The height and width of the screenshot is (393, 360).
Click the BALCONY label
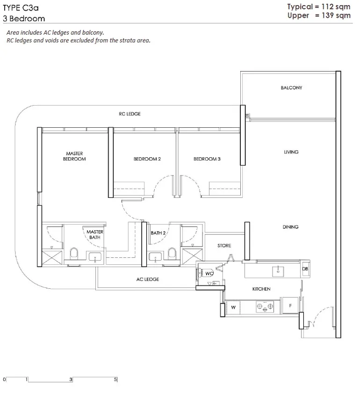291,88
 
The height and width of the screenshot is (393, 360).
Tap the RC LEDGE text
130,114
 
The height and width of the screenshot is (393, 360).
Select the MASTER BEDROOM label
74,156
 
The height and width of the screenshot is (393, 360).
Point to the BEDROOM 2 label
147,159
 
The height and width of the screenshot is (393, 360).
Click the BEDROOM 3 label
207,159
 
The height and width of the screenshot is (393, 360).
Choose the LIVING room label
291,152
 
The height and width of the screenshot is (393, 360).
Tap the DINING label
291,227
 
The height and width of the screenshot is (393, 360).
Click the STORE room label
224,246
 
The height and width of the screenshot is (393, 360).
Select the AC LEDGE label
148,279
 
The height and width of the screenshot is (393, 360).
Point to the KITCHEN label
261,289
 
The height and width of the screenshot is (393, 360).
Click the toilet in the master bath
74,253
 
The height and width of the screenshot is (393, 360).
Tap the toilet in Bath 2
172,253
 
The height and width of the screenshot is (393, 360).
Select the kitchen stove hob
265,306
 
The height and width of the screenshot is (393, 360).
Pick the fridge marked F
290,306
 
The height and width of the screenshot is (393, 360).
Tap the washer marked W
233,307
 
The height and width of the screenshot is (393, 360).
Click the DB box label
305,269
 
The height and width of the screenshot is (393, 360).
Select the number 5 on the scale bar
115,379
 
